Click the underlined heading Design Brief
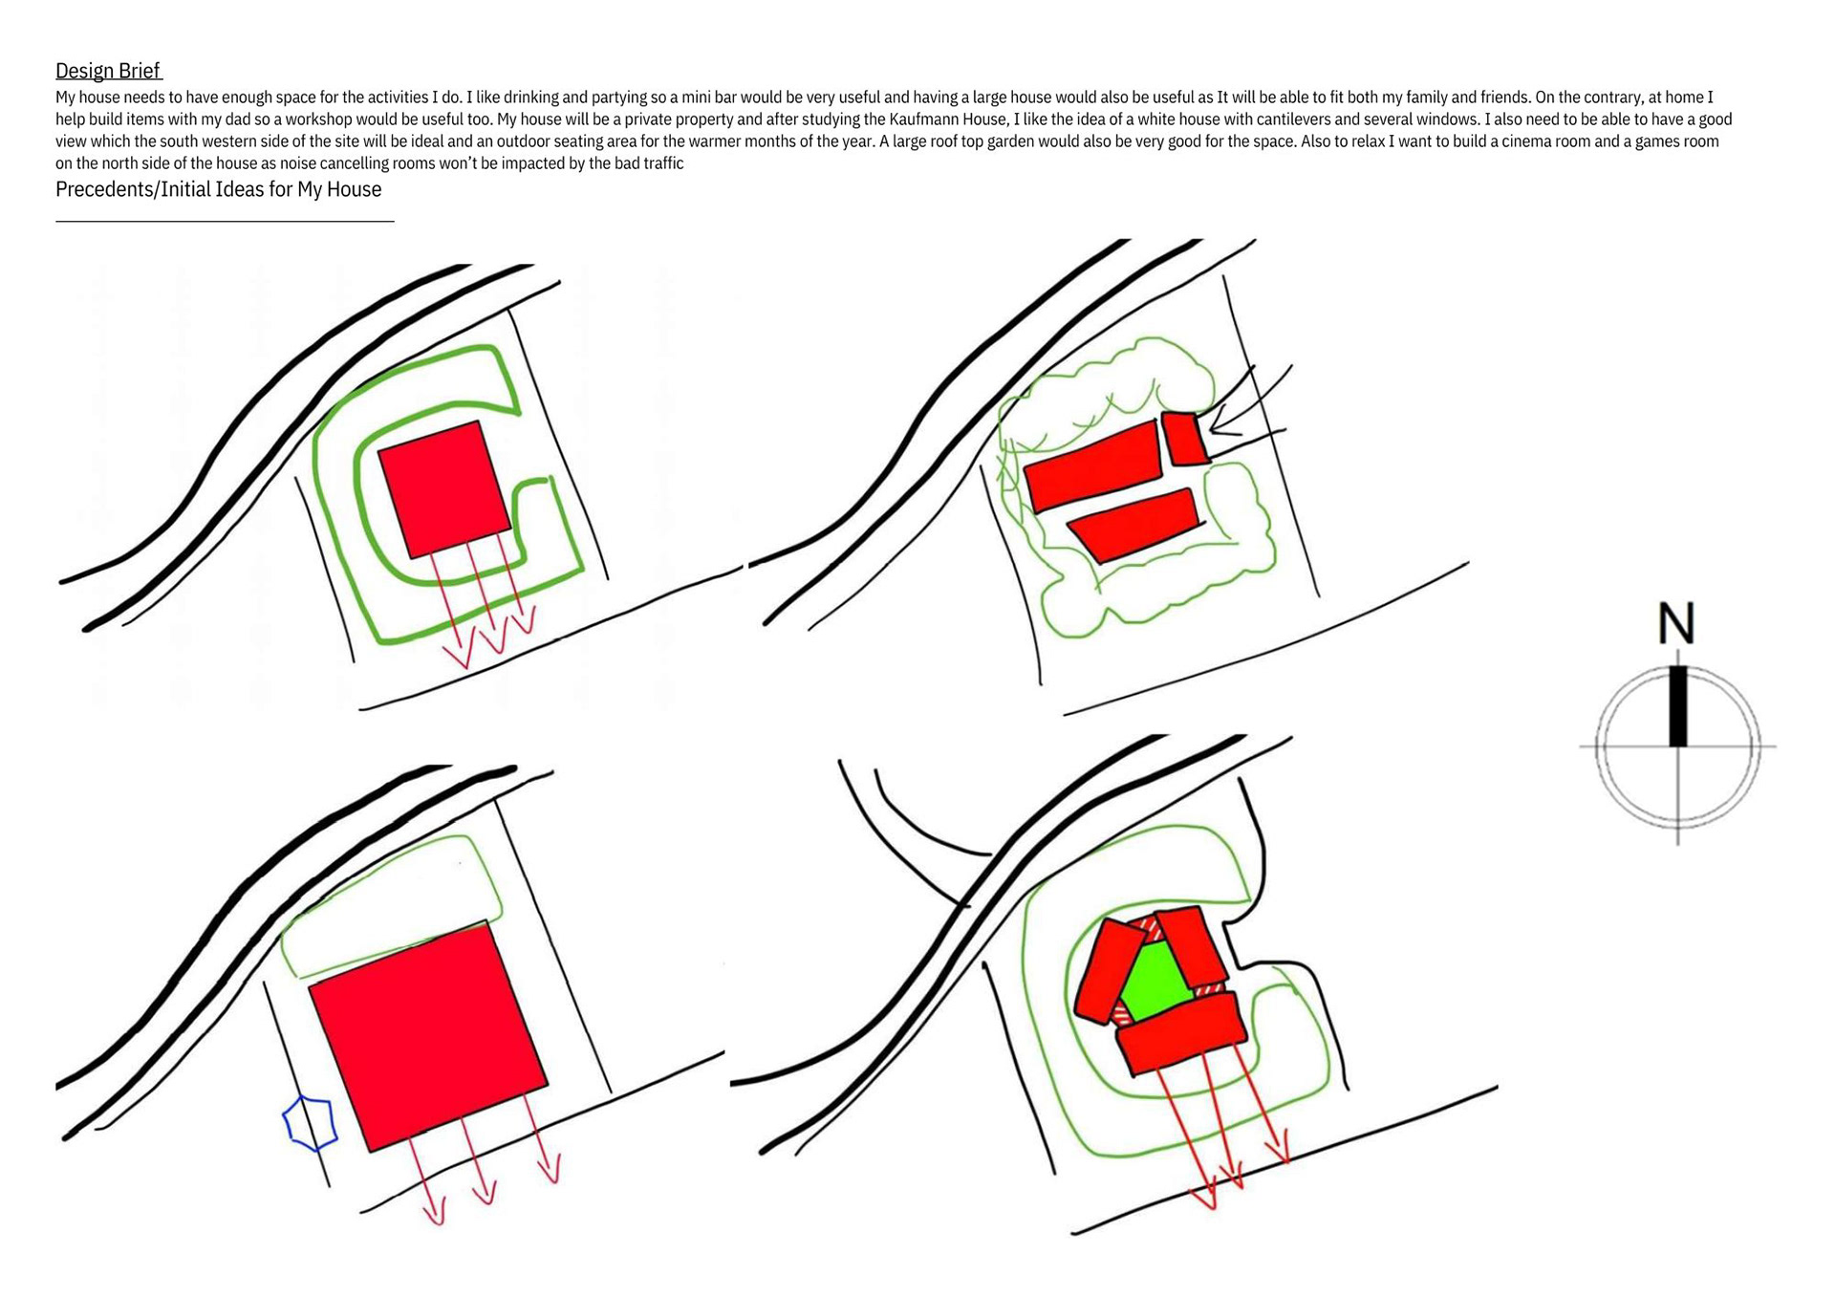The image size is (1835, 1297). coord(108,70)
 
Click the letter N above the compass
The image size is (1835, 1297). coord(1676,623)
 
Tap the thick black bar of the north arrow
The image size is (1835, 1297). coord(1677,705)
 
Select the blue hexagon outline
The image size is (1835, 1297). coord(311,1123)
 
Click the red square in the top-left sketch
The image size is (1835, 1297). coord(444,489)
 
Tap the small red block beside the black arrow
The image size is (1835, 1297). coord(1184,439)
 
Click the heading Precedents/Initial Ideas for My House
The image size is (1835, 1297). coord(218,189)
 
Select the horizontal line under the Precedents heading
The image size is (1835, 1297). coord(225,221)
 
